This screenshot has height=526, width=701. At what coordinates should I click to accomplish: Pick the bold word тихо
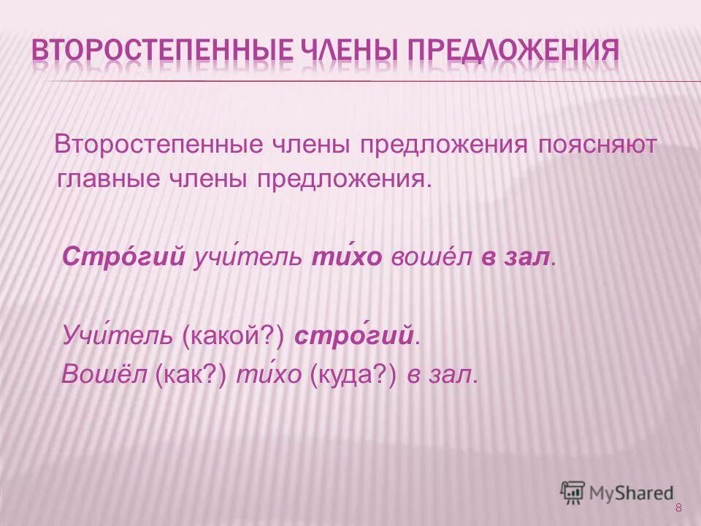tap(347, 257)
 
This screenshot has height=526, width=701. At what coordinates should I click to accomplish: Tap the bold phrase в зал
tap(515, 257)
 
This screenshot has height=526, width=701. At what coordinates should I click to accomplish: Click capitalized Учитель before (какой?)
tap(118, 336)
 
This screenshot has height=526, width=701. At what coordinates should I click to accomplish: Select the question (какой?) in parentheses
tap(232, 336)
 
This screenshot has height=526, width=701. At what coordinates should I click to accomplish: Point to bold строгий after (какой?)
tap(354, 336)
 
